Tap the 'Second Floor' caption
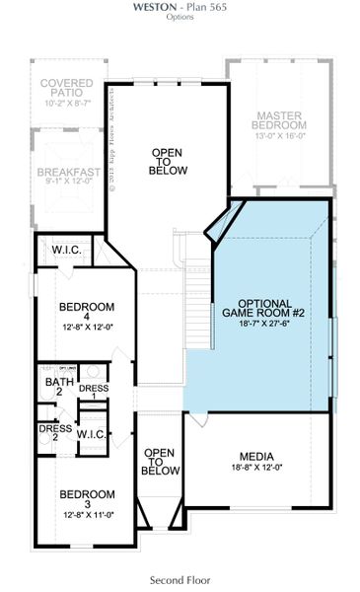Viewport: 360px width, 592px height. [x=180, y=580]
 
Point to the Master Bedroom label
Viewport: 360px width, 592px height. [x=279, y=94]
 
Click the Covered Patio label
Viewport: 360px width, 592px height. [x=68, y=88]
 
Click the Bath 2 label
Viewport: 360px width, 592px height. [x=58, y=386]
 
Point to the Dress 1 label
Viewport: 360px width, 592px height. [x=94, y=391]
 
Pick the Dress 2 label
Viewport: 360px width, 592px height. [x=55, y=433]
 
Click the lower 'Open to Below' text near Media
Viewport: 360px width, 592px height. [x=159, y=462]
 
